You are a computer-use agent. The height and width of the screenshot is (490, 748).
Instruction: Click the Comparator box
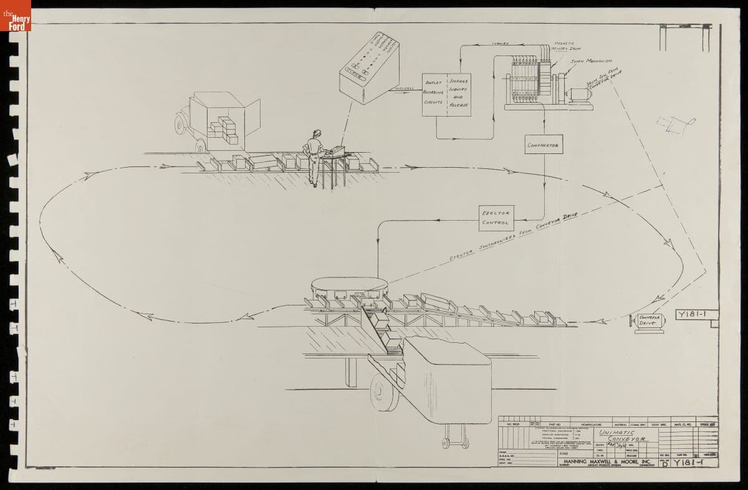click(x=542, y=145)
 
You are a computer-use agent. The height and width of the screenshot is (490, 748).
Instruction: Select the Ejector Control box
click(x=496, y=218)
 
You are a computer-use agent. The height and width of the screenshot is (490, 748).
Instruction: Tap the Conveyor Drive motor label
click(x=649, y=320)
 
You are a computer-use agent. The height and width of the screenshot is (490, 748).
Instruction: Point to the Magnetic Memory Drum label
click(x=563, y=47)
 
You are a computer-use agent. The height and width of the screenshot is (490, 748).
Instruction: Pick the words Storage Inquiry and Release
click(x=458, y=93)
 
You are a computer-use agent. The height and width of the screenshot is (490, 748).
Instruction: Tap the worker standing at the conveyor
click(x=314, y=156)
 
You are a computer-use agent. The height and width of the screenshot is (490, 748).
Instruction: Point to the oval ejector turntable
click(x=350, y=287)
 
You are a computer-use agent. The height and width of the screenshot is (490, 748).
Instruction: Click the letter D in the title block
click(x=664, y=463)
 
